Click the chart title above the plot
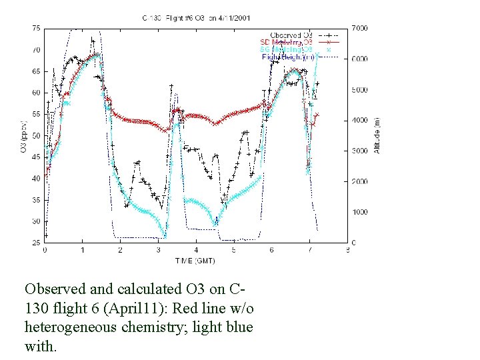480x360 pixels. point(196,17)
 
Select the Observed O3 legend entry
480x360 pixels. point(291,35)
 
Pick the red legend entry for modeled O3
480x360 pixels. point(287,42)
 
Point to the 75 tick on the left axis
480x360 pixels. point(36,28)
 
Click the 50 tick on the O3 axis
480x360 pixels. point(36,135)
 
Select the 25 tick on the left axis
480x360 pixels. point(36,243)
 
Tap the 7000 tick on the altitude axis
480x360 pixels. point(359,28)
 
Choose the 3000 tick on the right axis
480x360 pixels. point(359,151)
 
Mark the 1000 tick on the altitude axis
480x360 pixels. point(359,212)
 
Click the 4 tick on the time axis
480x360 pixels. point(196,251)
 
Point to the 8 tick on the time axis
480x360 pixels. point(347,251)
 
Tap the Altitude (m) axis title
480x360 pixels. point(377,135)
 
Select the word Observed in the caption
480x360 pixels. point(55,289)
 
